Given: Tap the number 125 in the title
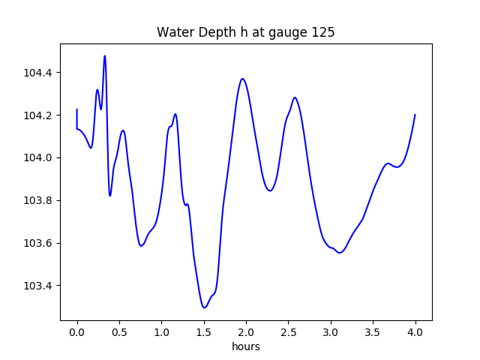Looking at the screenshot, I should pos(324,33).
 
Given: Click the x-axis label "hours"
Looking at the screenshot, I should pos(245,347).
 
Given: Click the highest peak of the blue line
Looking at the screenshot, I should pos(105,55).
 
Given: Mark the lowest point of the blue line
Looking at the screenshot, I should pos(204,307).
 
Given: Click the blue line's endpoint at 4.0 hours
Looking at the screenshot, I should pos(415,115).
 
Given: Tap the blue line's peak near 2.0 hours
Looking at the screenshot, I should pos(242,78).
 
